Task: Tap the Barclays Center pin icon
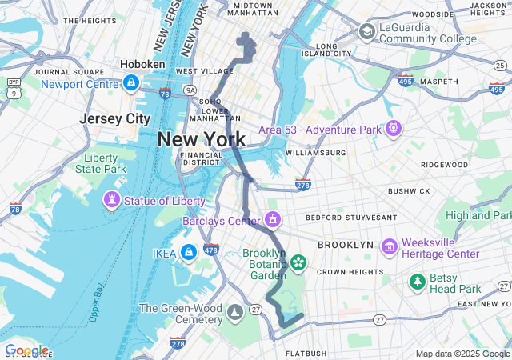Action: point(273,218)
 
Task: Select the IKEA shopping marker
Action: point(188,252)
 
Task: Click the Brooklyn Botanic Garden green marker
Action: point(298,262)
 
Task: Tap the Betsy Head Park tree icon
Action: point(417,281)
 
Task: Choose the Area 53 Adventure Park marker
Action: point(393,127)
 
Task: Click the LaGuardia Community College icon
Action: point(366,32)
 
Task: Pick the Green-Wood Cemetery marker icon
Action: point(234,311)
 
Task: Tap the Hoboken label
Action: point(142,64)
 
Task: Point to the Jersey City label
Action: point(115,118)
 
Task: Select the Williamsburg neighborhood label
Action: point(314,152)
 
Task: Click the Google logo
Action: point(26,350)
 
